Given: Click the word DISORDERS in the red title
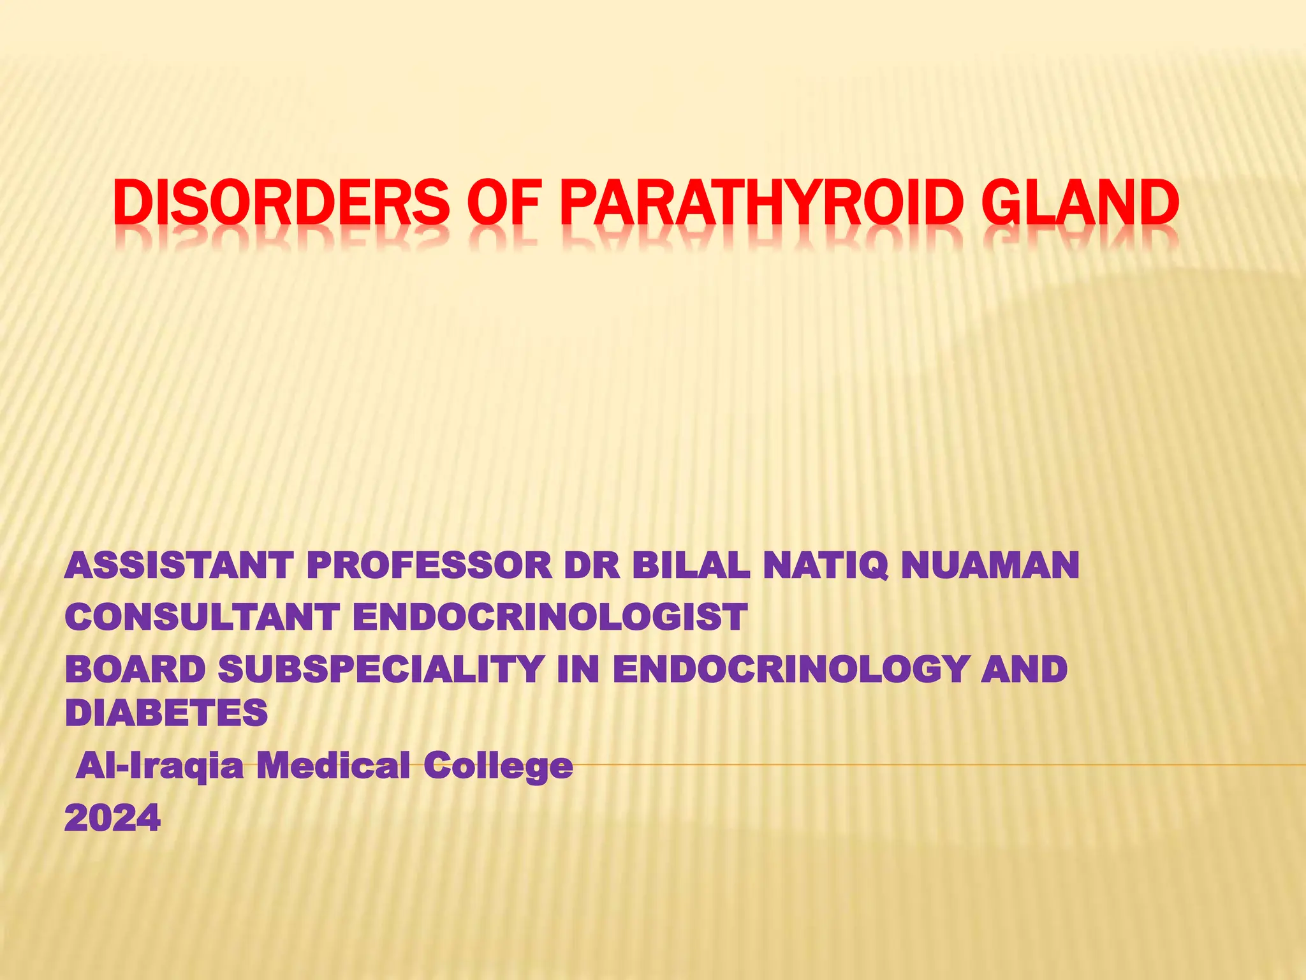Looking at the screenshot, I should [281, 202].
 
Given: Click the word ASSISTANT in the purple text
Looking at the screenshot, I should [179, 566].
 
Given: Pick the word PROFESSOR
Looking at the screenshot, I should [429, 566].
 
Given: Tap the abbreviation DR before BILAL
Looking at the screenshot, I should [592, 566].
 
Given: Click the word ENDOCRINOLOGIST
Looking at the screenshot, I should [549, 618].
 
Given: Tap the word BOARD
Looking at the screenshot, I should [135, 669].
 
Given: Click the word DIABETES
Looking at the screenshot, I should [166, 712].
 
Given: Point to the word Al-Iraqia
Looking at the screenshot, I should [159, 766].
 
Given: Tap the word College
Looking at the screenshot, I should [497, 766].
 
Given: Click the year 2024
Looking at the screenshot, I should [112, 817].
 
